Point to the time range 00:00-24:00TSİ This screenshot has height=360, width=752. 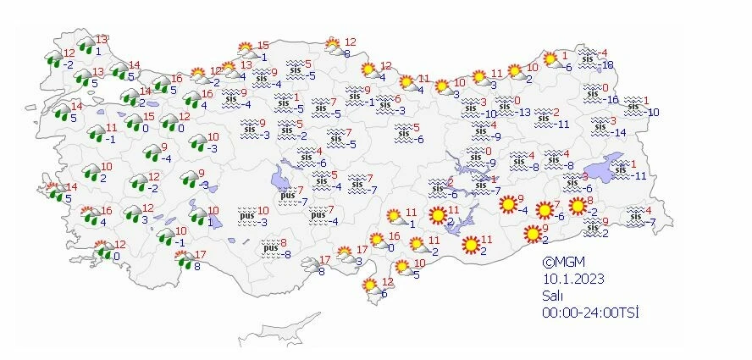pos(590,313)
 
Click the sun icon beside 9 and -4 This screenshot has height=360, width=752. pos(507,204)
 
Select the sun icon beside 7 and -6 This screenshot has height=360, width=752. pos(545,210)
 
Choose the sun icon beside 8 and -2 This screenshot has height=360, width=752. pos(578,206)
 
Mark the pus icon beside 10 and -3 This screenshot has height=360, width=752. pos(245,216)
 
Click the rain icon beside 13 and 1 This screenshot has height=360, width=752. pos(86,46)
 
